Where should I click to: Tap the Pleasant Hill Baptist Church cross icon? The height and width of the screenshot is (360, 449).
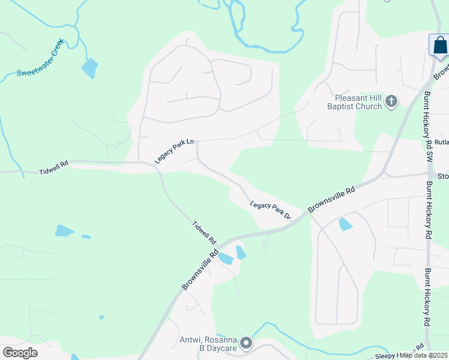coord(391,101)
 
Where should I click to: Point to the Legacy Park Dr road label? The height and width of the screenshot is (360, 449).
coord(270,210)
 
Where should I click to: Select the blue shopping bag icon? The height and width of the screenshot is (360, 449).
coord(439,46)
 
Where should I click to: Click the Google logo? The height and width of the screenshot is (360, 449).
coord(20,352)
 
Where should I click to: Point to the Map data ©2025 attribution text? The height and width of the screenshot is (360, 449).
coord(424,355)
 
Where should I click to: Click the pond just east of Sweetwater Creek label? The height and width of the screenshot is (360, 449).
coord(89,68)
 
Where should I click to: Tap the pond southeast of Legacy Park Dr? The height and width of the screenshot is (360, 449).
coord(346,224)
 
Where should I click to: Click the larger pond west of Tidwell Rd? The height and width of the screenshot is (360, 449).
coord(64,230)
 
